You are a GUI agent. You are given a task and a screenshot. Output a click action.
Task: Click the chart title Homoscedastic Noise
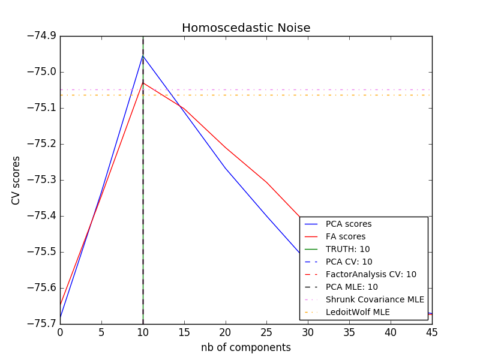pyautogui.click(x=246, y=28)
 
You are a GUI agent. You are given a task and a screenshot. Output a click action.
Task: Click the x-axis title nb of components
pyautogui.click(x=246, y=347)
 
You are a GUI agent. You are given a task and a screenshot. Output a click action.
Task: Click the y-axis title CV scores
pyautogui.click(x=16, y=180)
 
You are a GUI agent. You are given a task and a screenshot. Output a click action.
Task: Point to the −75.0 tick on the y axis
pyautogui.click(x=40, y=72)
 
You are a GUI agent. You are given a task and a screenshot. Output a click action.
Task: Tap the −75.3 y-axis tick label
pyautogui.click(x=40, y=180)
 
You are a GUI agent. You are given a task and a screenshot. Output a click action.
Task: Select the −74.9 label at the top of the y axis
pyautogui.click(x=40, y=36)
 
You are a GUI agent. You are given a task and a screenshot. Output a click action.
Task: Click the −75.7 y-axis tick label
pyautogui.click(x=40, y=324)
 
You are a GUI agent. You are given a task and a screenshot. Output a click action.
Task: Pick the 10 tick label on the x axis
pyautogui.click(x=143, y=332)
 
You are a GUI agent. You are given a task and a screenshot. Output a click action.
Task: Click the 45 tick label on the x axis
pyautogui.click(x=432, y=332)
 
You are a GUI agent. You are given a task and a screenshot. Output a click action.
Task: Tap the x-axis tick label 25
pyautogui.click(x=266, y=332)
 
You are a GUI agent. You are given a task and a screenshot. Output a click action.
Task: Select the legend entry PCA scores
pyautogui.click(x=349, y=224)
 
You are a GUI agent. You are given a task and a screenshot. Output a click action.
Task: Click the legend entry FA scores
pyautogui.click(x=346, y=237)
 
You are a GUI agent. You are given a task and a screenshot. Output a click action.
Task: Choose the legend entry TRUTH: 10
pyautogui.click(x=347, y=249)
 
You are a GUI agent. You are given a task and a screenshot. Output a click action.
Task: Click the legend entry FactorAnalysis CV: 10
pyautogui.click(x=371, y=274)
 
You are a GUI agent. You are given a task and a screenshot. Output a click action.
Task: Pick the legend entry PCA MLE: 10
pyautogui.click(x=352, y=287)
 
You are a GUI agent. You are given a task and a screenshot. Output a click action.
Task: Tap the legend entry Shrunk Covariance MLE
pyautogui.click(x=374, y=299)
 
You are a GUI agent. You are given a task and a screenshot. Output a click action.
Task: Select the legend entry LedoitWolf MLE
pyautogui.click(x=358, y=312)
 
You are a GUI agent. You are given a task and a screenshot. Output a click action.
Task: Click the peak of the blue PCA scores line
pyautogui.click(x=143, y=56)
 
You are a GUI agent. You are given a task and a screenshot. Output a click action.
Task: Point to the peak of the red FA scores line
pyautogui.click(x=143, y=82)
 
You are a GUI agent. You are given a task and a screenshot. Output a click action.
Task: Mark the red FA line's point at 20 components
pyautogui.click(x=225, y=147)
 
